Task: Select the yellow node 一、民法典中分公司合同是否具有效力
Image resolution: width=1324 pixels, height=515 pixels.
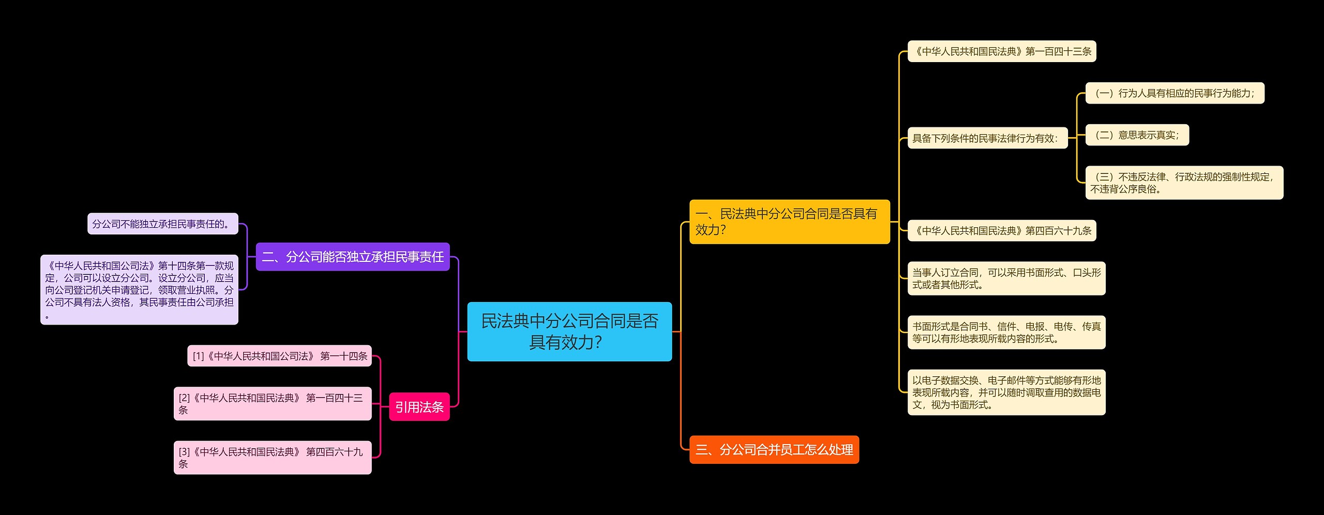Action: point(789,222)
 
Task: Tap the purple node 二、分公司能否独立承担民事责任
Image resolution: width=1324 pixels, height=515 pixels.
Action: point(353,257)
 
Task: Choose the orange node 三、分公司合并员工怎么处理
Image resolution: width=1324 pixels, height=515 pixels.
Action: point(774,449)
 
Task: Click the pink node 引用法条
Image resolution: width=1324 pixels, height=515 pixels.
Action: point(419,407)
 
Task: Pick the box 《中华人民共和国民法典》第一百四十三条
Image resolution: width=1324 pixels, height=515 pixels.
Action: point(1002,51)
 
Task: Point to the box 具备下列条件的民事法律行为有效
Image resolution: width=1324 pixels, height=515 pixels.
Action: point(987,138)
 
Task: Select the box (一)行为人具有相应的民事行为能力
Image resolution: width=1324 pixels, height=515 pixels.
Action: point(1175,93)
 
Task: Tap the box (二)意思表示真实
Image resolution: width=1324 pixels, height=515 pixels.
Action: point(1137,135)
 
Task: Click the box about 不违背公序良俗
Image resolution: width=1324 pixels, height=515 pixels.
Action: point(1184,183)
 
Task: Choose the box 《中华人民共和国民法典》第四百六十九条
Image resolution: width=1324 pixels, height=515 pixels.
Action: point(1002,230)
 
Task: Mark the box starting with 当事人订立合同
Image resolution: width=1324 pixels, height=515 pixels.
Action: point(1006,278)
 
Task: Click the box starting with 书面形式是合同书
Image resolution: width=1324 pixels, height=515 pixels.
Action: point(1006,332)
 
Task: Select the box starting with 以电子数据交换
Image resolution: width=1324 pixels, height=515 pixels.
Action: point(1006,392)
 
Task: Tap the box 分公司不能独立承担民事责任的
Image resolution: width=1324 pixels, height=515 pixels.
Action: point(162,224)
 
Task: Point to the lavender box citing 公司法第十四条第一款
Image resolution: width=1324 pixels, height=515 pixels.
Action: point(139,289)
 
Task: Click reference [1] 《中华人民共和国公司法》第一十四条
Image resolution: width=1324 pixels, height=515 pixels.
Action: point(279,356)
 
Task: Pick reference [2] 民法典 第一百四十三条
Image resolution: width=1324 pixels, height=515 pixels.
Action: point(273,404)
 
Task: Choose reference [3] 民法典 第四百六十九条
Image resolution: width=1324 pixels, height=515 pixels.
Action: point(273,458)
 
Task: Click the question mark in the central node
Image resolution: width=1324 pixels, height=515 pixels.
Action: point(598,343)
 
